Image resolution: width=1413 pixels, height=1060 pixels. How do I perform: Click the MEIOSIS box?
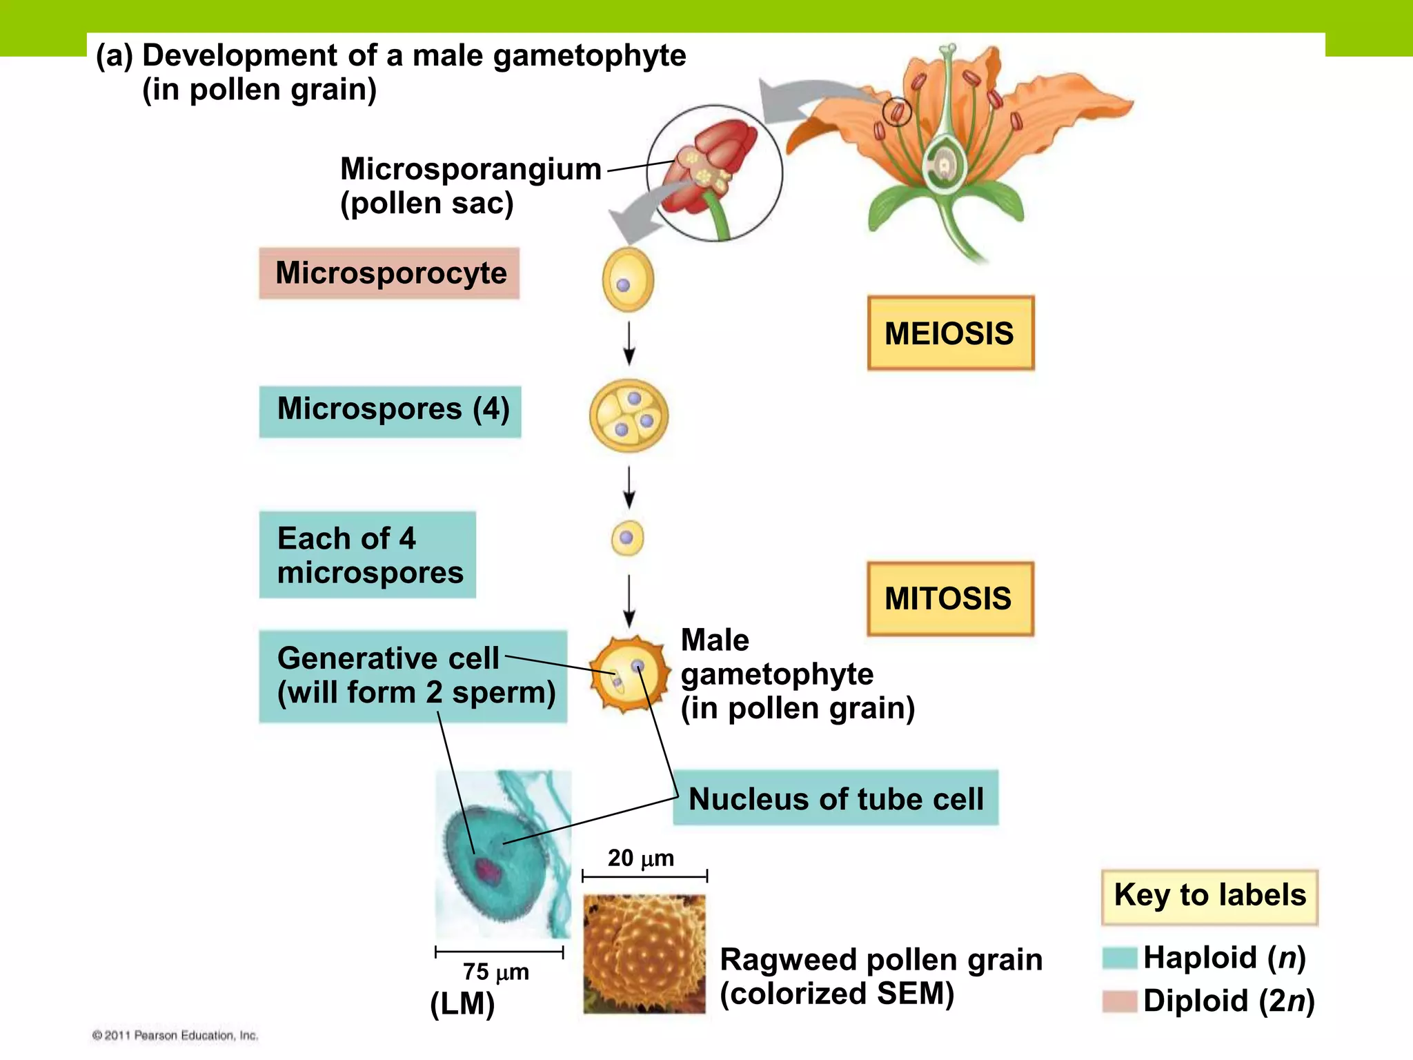(950, 333)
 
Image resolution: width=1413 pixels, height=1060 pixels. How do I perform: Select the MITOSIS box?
(949, 598)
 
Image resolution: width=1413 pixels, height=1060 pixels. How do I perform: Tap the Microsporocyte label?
(389, 273)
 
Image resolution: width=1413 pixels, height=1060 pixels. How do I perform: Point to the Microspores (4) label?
(391, 411)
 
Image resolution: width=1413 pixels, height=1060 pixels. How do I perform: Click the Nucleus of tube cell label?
(836, 798)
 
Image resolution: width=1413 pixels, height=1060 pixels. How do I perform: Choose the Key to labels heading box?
(1209, 896)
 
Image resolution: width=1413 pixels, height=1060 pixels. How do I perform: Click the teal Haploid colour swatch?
(1118, 959)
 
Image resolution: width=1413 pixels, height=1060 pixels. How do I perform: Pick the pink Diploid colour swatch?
(1118, 1001)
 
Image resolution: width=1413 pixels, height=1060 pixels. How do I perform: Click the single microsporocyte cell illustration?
(628, 280)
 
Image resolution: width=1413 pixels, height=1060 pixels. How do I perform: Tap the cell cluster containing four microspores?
(629, 415)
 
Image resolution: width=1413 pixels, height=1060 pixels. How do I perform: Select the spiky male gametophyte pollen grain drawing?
(629, 675)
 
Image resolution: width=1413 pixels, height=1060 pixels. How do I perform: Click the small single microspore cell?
(627, 538)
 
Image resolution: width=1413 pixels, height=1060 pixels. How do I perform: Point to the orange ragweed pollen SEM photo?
(644, 954)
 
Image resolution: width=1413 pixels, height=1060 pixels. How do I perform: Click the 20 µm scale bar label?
(640, 858)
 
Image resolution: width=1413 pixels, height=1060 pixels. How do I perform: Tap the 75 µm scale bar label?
(495, 972)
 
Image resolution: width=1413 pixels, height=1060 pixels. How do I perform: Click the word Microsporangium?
(471, 169)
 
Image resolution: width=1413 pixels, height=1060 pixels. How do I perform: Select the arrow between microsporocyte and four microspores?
(629, 343)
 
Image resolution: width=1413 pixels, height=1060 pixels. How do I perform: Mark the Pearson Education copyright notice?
(175, 1035)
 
